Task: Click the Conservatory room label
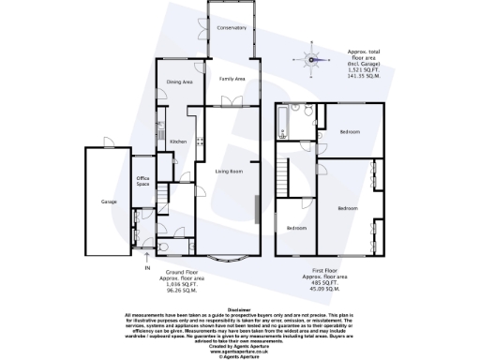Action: (x=230, y=28)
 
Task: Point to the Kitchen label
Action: (x=178, y=142)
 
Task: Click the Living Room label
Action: (x=230, y=172)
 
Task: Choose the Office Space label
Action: (x=143, y=182)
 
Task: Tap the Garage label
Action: (x=109, y=201)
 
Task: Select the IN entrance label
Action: (x=146, y=268)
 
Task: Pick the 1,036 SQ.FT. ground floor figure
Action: (x=191, y=283)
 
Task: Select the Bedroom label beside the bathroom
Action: (x=352, y=131)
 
